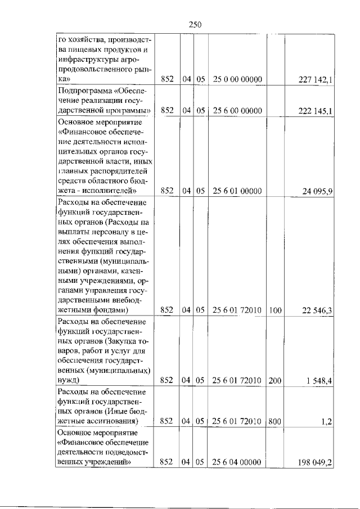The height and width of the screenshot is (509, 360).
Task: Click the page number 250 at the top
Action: (x=195, y=24)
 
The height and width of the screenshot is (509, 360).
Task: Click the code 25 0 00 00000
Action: (x=238, y=80)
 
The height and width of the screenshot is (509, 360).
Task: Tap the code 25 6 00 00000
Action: (x=238, y=110)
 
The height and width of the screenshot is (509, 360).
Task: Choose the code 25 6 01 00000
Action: (x=238, y=191)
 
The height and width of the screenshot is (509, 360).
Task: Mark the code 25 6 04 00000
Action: (x=238, y=462)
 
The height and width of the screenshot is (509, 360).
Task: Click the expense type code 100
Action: (x=275, y=309)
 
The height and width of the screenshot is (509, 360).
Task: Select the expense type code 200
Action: (x=275, y=381)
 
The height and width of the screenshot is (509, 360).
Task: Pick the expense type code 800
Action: (x=275, y=421)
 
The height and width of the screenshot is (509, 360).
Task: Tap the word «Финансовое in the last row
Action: (x=79, y=442)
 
